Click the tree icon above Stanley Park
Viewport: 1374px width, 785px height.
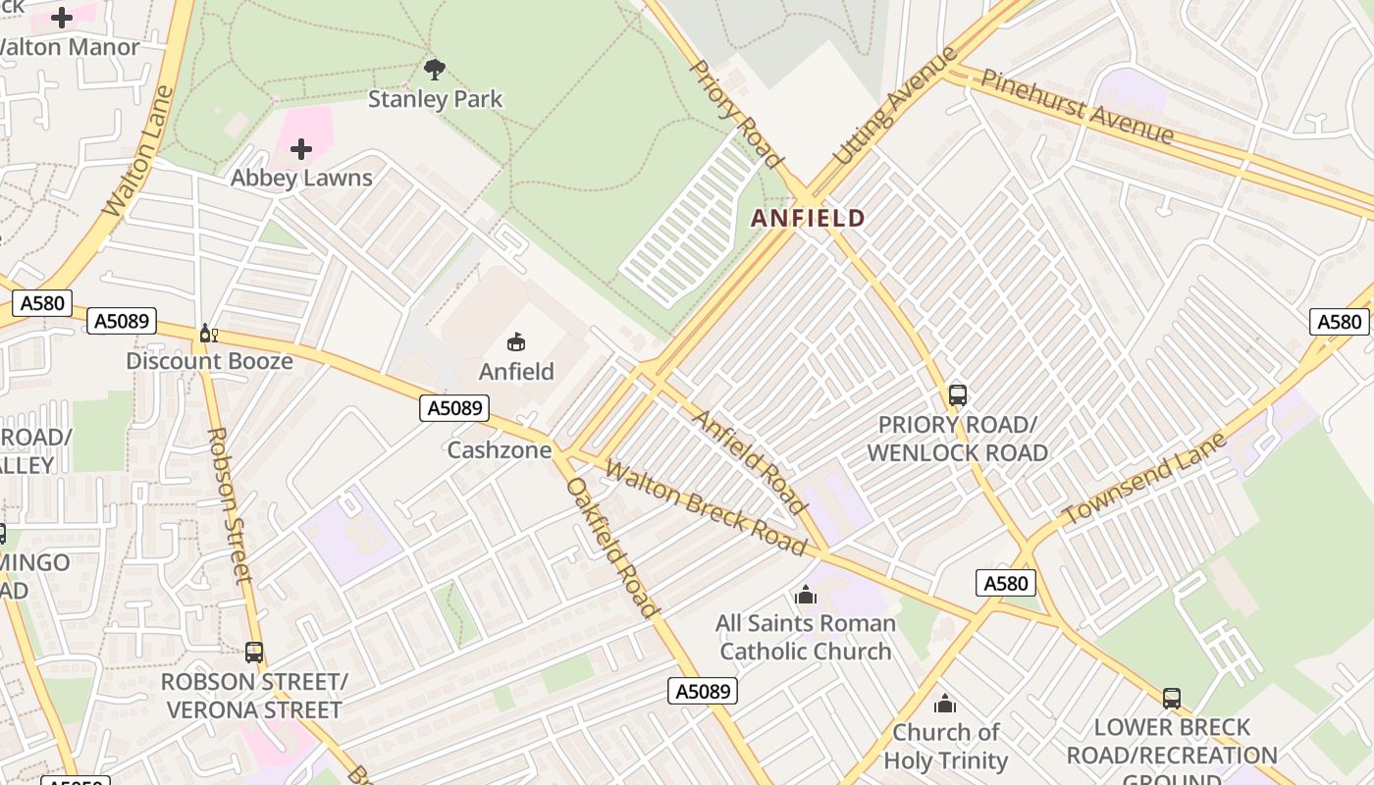pos(435,70)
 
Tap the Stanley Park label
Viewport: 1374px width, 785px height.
pos(435,99)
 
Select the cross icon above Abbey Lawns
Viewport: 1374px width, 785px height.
pos(301,149)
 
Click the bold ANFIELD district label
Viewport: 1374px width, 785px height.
pos(809,218)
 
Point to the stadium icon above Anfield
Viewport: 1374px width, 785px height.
pos(515,341)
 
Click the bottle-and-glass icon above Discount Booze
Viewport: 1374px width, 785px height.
pos(208,334)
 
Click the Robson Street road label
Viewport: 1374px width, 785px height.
pos(232,504)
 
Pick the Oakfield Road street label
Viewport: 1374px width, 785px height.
pos(610,548)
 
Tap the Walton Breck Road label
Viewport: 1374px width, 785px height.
pos(705,507)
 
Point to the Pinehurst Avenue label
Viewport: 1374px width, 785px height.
pos(1077,106)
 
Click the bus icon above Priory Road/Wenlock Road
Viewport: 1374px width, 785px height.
pos(958,395)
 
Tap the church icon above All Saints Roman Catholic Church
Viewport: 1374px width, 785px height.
pos(806,595)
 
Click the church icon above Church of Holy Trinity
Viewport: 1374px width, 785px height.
pos(945,704)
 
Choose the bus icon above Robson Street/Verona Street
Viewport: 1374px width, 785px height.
pos(254,653)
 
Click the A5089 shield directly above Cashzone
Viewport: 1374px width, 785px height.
pos(454,408)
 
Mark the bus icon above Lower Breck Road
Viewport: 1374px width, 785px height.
pos(1172,699)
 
